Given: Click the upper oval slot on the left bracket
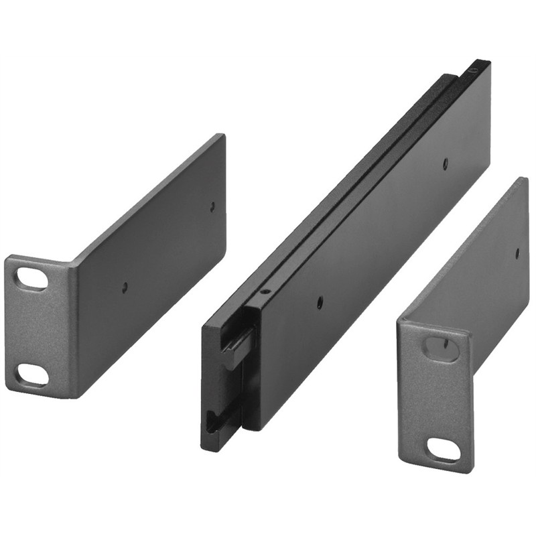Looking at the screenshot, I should (32, 278).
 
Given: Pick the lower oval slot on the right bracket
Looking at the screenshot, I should (444, 449).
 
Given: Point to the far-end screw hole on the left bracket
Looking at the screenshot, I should (212, 207).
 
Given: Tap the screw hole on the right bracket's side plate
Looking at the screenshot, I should (517, 253).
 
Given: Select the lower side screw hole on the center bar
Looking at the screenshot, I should (320, 302).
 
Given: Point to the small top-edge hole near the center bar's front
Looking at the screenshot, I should (265, 291).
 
